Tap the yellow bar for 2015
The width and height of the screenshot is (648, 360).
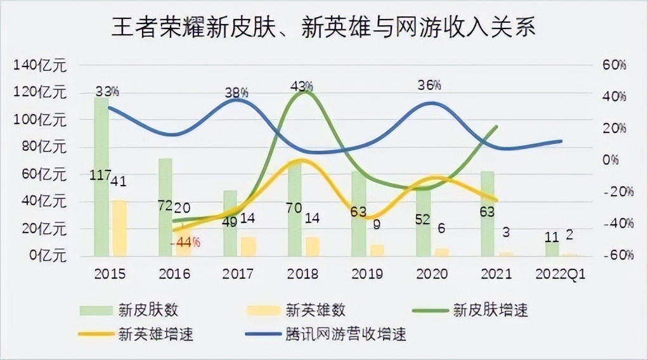pyautogui.click(x=119, y=228)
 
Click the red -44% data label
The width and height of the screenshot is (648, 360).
pyautogui.click(x=188, y=241)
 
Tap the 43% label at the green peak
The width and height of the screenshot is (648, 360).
pyautogui.click(x=302, y=84)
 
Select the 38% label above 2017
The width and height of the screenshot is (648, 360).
pyautogui.click(x=237, y=93)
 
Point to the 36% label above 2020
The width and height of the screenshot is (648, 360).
pyautogui.click(x=429, y=84)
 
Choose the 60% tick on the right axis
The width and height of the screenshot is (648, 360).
pyautogui.click(x=614, y=65)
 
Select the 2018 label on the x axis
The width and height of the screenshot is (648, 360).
pyautogui.click(x=303, y=274)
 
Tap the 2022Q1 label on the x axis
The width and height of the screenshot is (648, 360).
pyautogui.click(x=560, y=274)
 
